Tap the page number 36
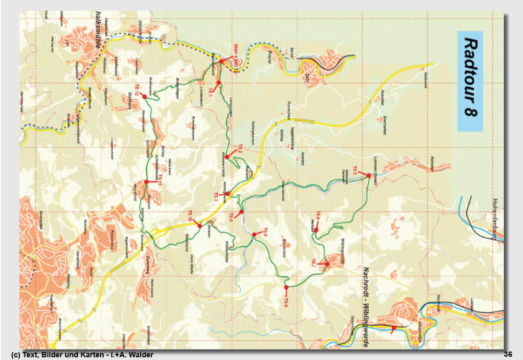click(508, 355)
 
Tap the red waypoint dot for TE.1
click(218, 83)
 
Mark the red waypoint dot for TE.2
click(227, 157)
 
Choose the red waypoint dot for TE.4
click(242, 212)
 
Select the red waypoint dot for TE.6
click(316, 230)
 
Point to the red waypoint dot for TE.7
click(327, 263)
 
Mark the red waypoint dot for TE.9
click(254, 235)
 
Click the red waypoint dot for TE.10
click(200, 226)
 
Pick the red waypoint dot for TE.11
click(146, 182)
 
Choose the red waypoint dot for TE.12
click(144, 97)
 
